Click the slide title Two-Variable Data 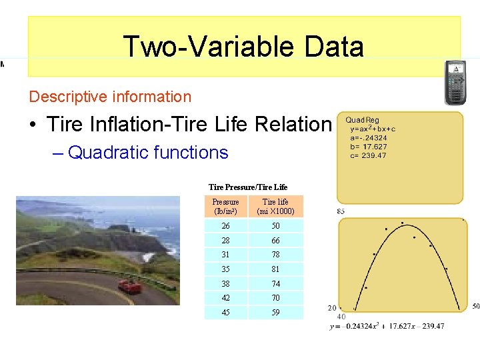click(243, 47)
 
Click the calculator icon click(455, 83)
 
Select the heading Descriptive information click(110, 97)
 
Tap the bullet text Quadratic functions click(148, 153)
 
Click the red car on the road click(129, 286)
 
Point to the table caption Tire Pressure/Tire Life click(248, 187)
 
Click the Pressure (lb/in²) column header click(225, 207)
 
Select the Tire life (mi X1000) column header click(275, 207)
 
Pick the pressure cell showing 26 click(225, 226)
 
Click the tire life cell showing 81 click(275, 269)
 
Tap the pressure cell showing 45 click(225, 312)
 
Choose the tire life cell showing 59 click(275, 312)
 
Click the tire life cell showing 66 click(275, 240)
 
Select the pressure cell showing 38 click(225, 283)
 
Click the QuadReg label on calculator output click(362, 121)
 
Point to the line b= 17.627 click(369, 147)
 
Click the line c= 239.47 click(368, 155)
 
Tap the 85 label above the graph click(341, 211)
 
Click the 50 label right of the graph click(475, 307)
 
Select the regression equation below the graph click(387, 326)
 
